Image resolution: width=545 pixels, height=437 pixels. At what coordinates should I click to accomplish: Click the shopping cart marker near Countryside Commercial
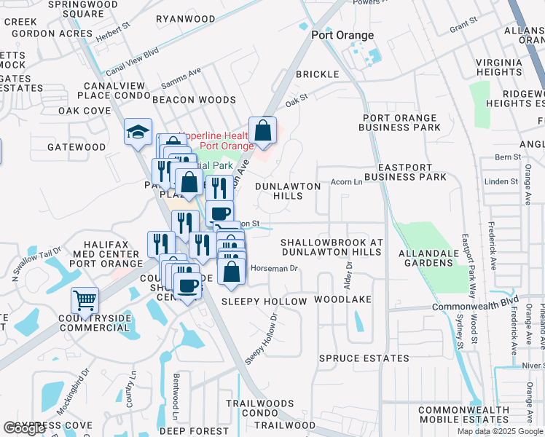[x=85, y=300]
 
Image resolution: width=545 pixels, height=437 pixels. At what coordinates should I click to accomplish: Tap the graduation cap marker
[x=138, y=133]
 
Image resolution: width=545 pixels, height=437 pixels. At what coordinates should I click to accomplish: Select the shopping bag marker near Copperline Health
[x=263, y=131]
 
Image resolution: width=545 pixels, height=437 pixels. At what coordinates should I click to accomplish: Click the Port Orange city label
[x=342, y=35]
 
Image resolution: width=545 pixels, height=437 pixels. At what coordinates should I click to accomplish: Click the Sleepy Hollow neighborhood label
[x=264, y=301]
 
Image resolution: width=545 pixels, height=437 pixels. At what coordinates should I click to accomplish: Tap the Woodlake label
[x=342, y=299]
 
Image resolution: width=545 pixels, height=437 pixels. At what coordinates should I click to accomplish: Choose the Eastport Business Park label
[x=405, y=172]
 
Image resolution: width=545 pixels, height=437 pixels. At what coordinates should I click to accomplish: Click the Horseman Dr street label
[x=275, y=269]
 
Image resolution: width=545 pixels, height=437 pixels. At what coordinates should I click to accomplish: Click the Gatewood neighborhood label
[x=77, y=147]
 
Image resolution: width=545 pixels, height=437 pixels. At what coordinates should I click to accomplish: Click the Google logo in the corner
[x=24, y=428]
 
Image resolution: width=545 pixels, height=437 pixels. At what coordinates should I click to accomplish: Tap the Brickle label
[x=317, y=74]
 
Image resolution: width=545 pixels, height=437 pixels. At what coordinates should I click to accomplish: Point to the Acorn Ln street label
[x=346, y=182]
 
